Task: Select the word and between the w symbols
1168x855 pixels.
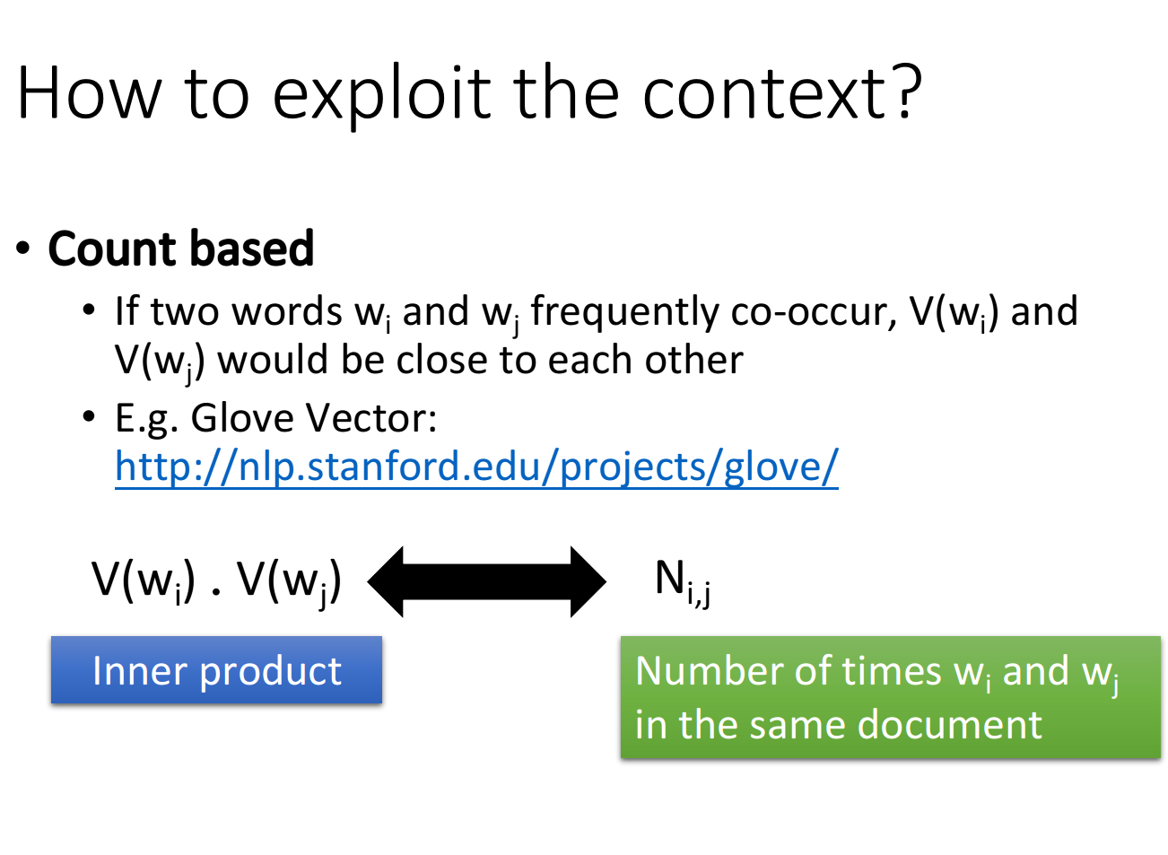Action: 1036,671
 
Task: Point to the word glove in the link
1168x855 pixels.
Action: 773,467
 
